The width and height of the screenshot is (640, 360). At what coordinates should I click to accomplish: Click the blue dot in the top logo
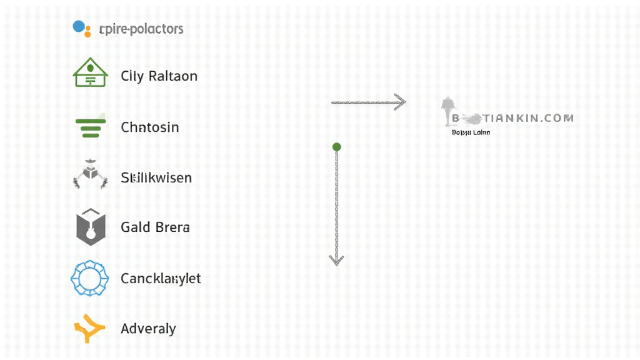(79, 26)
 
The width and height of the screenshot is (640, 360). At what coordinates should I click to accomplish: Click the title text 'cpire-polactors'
(141, 29)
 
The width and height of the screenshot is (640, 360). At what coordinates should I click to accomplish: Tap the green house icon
(91, 72)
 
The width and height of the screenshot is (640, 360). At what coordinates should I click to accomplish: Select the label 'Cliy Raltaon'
(159, 76)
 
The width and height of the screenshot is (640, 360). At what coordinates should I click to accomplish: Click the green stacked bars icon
(91, 127)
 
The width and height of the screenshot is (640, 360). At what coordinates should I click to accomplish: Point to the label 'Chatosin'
(150, 127)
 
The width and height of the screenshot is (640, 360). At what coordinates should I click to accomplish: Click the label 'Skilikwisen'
(156, 178)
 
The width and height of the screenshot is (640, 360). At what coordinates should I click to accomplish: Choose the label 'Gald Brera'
(155, 227)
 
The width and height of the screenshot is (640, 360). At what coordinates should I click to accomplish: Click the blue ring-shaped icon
(90, 278)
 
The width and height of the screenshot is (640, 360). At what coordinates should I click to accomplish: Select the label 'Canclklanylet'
(161, 279)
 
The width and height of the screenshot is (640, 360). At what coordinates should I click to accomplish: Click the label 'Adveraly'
(148, 329)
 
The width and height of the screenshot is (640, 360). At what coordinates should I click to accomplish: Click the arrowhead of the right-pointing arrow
(401, 102)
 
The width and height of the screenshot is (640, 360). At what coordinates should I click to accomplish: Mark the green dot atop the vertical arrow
(337, 147)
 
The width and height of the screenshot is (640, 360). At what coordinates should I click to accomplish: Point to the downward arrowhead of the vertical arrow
(337, 259)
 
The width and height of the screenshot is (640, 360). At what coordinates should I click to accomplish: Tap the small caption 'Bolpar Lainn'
(471, 132)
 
